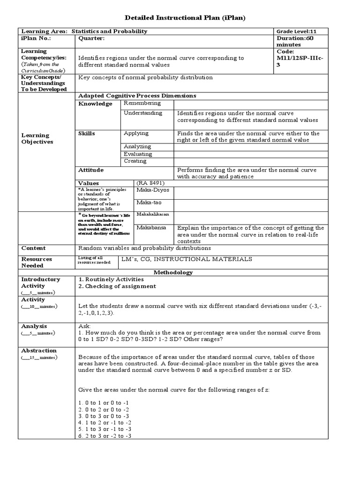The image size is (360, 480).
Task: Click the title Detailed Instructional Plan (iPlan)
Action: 185,17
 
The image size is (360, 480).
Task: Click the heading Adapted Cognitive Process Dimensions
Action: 137,96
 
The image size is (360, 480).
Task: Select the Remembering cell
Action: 142,103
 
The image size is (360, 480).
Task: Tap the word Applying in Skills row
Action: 136,134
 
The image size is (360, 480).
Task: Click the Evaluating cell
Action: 138,154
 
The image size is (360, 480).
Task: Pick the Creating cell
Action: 135,161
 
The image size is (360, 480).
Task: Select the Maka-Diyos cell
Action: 153,190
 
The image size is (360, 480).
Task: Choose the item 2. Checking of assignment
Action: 117,286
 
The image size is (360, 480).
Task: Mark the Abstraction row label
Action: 39,351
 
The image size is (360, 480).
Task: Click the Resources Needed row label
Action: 36,262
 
